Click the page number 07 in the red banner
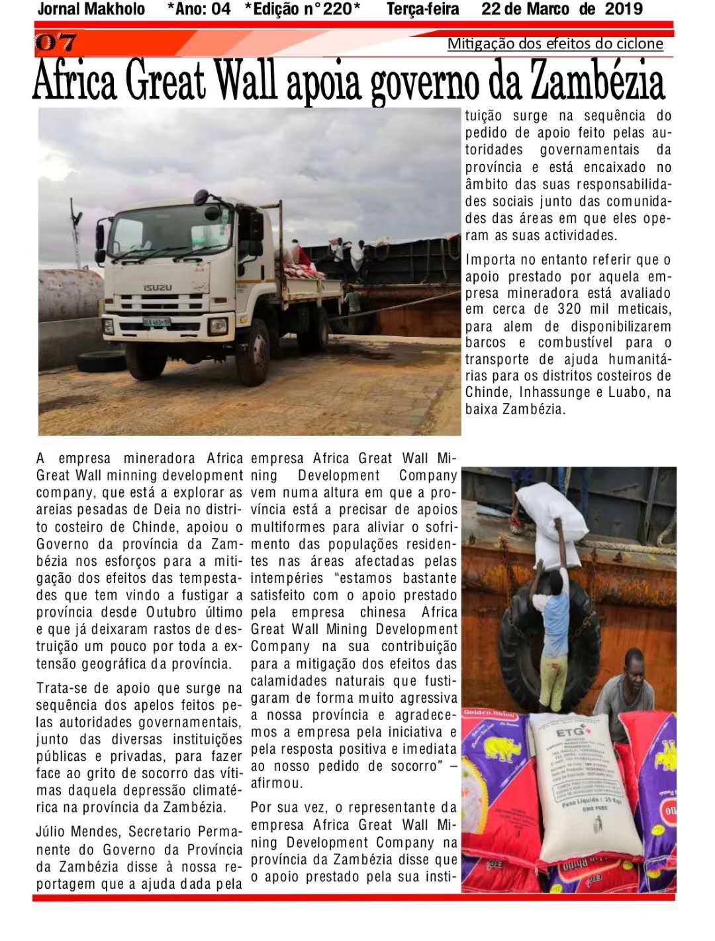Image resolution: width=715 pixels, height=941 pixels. coord(56,43)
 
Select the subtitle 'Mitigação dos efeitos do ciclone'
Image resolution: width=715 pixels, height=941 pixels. coord(555,44)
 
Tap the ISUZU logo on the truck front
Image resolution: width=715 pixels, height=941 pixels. coord(158,288)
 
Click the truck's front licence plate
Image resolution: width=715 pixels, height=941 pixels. coord(156,322)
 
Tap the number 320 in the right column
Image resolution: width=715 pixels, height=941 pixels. coord(571,309)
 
